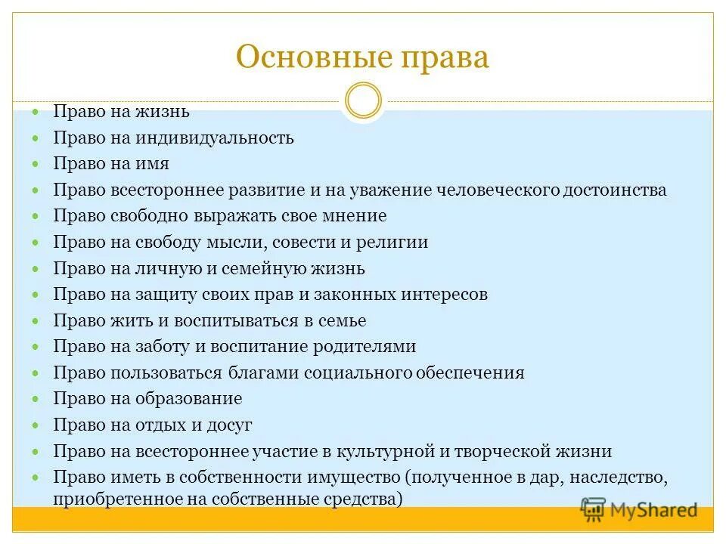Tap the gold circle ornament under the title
click(x=363, y=101)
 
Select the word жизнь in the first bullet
click(x=163, y=113)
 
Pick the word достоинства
click(x=614, y=190)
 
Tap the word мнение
click(x=351, y=216)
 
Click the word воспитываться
click(x=237, y=320)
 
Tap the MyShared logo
click(x=640, y=510)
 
